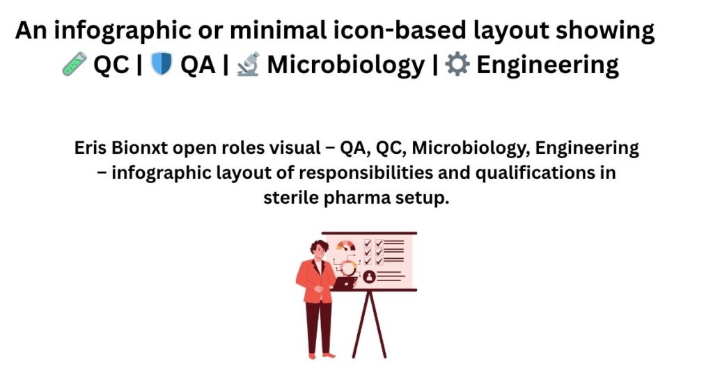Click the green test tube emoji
[74, 64]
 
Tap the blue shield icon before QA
[161, 64]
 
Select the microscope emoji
[249, 64]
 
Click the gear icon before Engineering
[457, 64]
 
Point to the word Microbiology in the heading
[345, 65]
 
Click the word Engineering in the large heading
[547, 65]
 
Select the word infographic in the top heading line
[139, 31]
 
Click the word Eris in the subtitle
[90, 148]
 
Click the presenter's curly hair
[319, 248]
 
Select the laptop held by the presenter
[344, 283]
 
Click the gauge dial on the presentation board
[346, 246]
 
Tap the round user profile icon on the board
[369, 276]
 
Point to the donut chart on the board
[349, 268]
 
